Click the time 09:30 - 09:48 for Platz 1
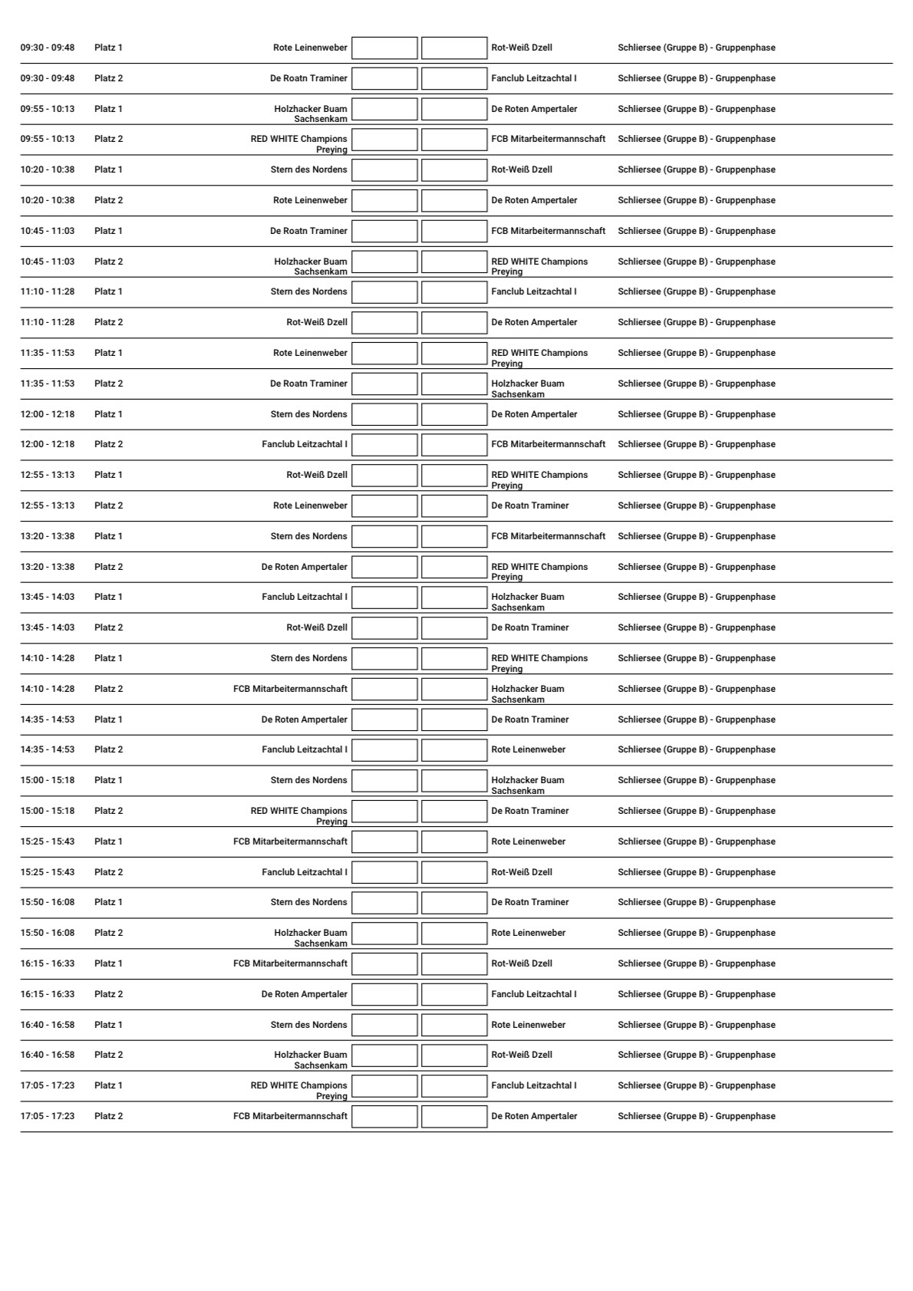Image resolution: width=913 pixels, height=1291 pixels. pyautogui.click(x=48, y=48)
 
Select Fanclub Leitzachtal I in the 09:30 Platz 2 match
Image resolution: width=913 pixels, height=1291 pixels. pyautogui.click(x=534, y=78)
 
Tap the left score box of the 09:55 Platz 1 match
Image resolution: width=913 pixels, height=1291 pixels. pyautogui.click(x=384, y=109)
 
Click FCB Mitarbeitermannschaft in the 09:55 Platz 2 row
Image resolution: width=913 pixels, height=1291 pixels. pyautogui.click(x=548, y=139)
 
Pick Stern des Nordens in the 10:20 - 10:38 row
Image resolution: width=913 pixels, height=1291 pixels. pyautogui.click(x=308, y=170)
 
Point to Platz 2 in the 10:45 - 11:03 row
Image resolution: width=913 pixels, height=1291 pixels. pyautogui.click(x=108, y=262)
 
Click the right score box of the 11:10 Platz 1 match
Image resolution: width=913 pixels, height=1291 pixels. pyautogui.click(x=454, y=292)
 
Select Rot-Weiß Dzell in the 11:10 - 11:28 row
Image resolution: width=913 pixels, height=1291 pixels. pyautogui.click(x=317, y=322)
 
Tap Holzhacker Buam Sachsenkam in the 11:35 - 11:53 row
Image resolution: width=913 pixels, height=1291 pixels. pyautogui.click(x=528, y=388)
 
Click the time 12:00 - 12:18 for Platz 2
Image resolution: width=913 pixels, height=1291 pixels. pyautogui.click(x=48, y=444)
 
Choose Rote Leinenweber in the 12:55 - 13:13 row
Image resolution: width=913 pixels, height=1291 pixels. pyautogui.click(x=310, y=506)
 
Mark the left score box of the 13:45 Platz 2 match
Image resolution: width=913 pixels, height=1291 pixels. pyautogui.click(x=384, y=627)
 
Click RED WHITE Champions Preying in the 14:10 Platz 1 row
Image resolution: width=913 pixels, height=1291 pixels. pyautogui.click(x=539, y=663)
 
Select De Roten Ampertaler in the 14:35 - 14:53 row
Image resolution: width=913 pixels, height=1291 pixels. pyautogui.click(x=304, y=720)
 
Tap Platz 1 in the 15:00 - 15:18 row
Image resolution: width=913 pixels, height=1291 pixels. pyautogui.click(x=108, y=780)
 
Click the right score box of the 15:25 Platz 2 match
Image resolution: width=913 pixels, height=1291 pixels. pyautogui.click(x=454, y=872)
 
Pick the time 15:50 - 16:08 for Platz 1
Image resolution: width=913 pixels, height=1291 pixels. pyautogui.click(x=48, y=902)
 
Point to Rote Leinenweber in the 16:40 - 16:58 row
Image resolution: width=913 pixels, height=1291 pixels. pyautogui.click(x=529, y=1025)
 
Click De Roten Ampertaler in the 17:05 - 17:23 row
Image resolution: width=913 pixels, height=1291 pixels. pyautogui.click(x=534, y=1116)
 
